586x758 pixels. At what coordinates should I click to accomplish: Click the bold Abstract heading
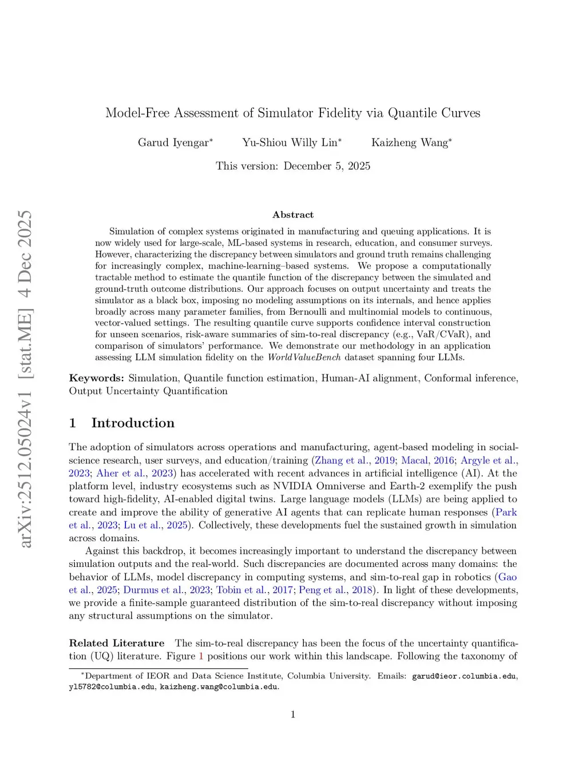click(293, 215)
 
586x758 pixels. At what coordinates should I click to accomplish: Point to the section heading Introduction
click(133, 423)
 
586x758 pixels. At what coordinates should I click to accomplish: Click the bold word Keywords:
click(96, 378)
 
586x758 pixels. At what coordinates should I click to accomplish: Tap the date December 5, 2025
click(327, 166)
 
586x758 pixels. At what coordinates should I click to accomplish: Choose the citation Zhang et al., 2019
click(355, 460)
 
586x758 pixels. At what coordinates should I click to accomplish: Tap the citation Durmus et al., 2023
click(167, 590)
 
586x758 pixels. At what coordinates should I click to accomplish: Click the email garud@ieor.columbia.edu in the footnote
click(464, 676)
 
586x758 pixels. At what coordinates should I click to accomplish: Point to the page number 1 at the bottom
click(293, 714)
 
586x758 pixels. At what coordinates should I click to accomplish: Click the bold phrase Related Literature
click(117, 643)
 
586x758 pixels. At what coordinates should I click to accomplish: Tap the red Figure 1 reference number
click(201, 656)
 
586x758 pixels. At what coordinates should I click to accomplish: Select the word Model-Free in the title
click(137, 113)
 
